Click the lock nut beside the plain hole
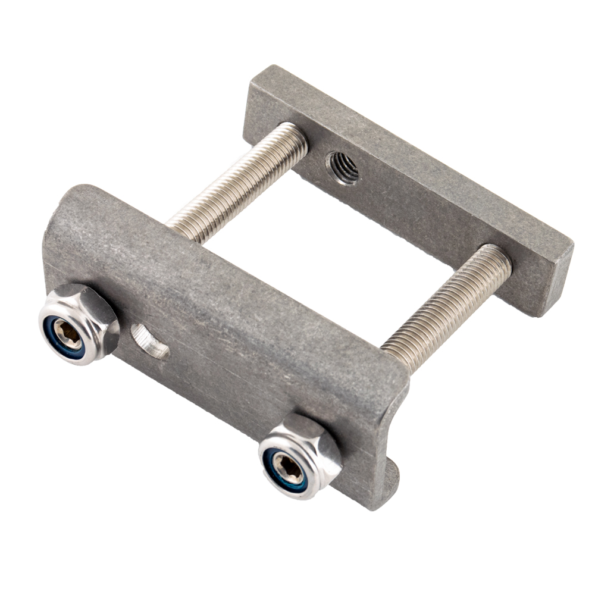point(79,324)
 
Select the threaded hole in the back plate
point(342,168)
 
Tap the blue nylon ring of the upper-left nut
point(59,342)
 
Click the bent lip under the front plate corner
point(390,476)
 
